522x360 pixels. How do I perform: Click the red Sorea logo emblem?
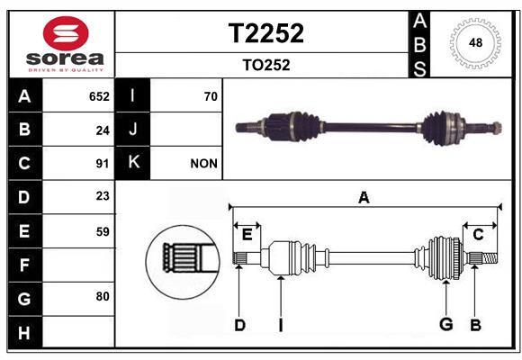pyautogui.click(x=66, y=33)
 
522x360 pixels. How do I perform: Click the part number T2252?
pyautogui.click(x=266, y=33)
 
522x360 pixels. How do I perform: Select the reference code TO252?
pyautogui.click(x=266, y=65)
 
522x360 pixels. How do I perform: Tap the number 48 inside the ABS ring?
pyautogui.click(x=475, y=42)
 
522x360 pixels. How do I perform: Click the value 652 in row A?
pyautogui.click(x=99, y=96)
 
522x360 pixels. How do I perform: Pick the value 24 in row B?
pyautogui.click(x=103, y=130)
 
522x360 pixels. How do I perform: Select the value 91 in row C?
pyautogui.click(x=103, y=164)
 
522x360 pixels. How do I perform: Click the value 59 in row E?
pyautogui.click(x=103, y=232)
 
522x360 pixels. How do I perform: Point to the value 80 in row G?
pyautogui.click(x=103, y=296)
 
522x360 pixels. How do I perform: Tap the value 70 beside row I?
pyautogui.click(x=211, y=96)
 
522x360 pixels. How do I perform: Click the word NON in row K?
pyautogui.click(x=203, y=164)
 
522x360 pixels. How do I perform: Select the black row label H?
pyautogui.click(x=25, y=332)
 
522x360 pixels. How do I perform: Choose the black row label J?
pyautogui.click(x=132, y=129)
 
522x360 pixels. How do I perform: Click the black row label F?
pyautogui.click(x=25, y=265)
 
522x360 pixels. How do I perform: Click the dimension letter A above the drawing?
pyautogui.click(x=364, y=198)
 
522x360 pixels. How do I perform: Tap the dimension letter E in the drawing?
pyautogui.click(x=247, y=235)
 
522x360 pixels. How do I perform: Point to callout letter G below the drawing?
pyautogui.click(x=446, y=324)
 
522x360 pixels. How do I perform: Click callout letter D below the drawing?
pyautogui.click(x=239, y=326)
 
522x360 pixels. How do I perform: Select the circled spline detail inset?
pyautogui.click(x=183, y=262)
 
